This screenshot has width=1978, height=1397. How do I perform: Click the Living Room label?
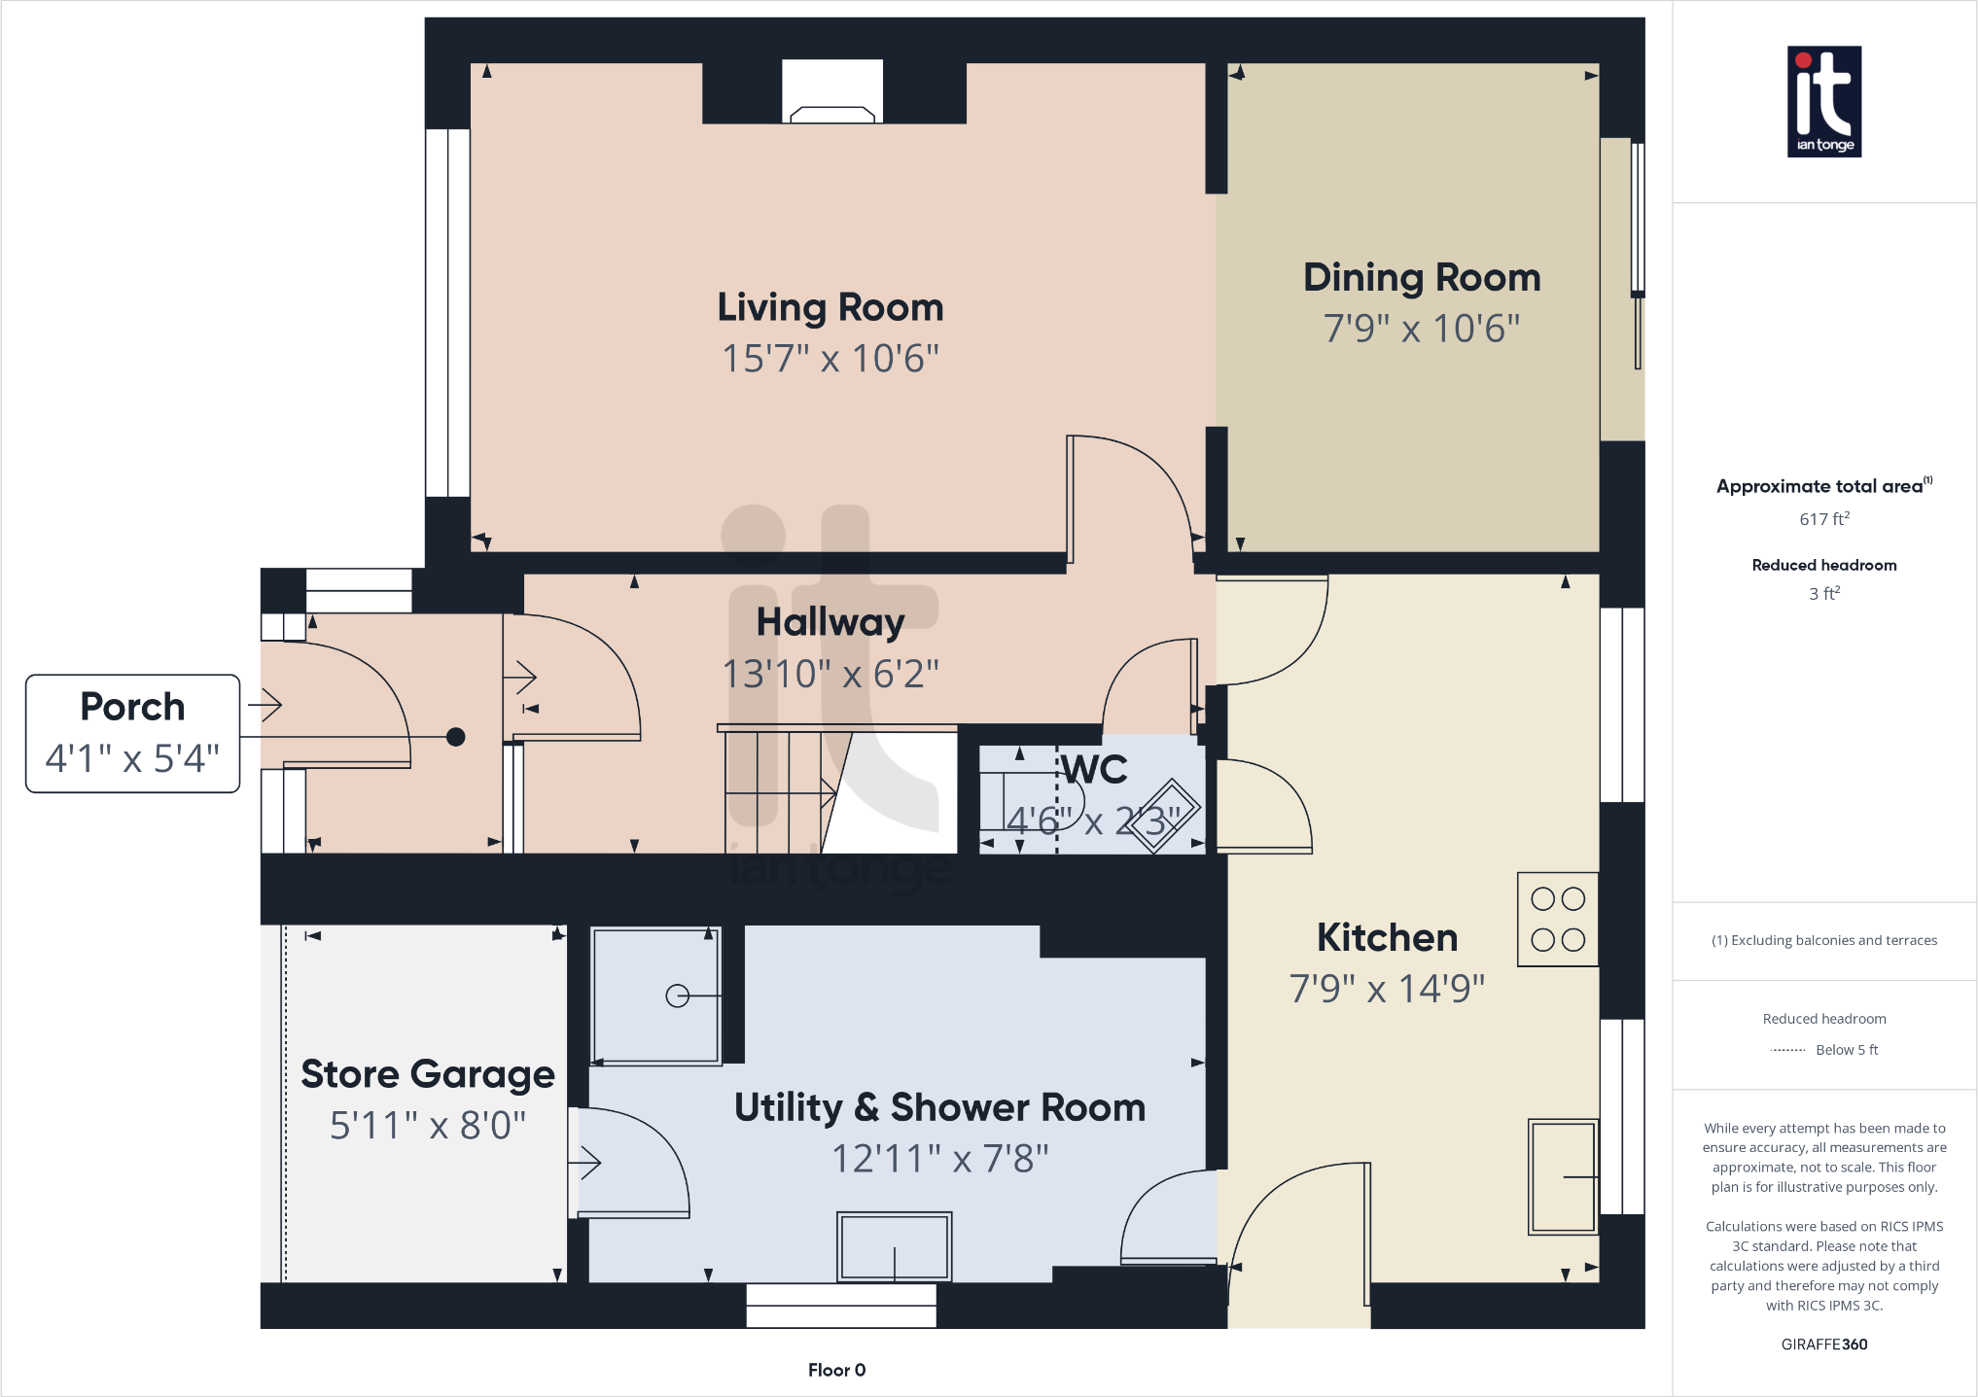(x=830, y=307)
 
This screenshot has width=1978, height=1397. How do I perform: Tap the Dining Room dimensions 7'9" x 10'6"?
(x=1421, y=329)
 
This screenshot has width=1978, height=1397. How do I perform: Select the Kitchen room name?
(x=1387, y=937)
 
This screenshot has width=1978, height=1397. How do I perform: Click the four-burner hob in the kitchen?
(x=1557, y=919)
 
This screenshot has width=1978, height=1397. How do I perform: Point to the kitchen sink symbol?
(x=1562, y=1176)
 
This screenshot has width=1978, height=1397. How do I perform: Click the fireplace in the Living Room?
(x=831, y=92)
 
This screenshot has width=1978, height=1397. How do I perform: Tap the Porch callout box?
(x=133, y=733)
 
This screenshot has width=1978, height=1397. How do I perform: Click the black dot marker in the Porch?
(x=455, y=737)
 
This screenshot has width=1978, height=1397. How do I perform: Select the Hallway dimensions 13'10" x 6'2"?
(x=830, y=674)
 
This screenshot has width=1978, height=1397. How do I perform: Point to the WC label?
(x=1095, y=769)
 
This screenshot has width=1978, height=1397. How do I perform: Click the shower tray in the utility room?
(x=656, y=995)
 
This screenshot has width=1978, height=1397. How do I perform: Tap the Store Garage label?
(x=428, y=1074)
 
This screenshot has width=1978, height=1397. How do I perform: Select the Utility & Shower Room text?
(x=939, y=1107)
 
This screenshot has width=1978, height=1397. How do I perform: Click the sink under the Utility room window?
(x=894, y=1246)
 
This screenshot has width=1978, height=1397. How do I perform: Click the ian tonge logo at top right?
(x=1823, y=101)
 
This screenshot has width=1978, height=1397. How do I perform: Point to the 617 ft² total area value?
(x=1823, y=519)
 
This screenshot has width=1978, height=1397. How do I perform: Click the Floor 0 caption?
(x=836, y=1370)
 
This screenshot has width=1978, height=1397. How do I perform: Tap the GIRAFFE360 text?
(x=1823, y=1345)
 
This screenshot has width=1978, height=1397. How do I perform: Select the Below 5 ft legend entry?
(x=1845, y=1050)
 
